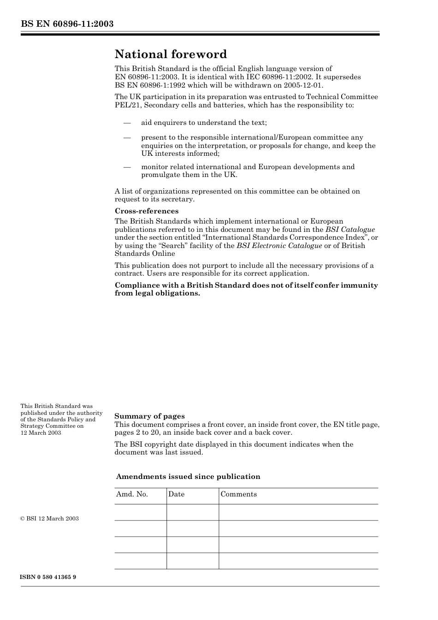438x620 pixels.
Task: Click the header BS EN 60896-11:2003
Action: click(67, 24)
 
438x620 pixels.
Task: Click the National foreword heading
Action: click(171, 54)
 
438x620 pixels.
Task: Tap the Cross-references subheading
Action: click(147, 211)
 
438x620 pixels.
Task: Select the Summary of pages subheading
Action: click(149, 416)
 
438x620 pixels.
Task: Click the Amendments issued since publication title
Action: click(188, 477)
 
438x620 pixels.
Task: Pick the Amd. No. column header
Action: click(132, 494)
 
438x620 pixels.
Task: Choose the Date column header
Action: click(176, 494)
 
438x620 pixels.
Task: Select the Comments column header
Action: click(238, 494)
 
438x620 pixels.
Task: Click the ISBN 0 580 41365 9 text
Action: click(48, 577)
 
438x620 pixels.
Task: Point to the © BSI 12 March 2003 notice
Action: click(49, 519)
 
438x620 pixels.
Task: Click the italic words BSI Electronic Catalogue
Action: click(279, 246)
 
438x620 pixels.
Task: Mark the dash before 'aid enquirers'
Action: click(127, 123)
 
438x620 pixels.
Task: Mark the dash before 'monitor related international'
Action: click(127, 167)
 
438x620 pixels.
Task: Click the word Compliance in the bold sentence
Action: click(136, 285)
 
